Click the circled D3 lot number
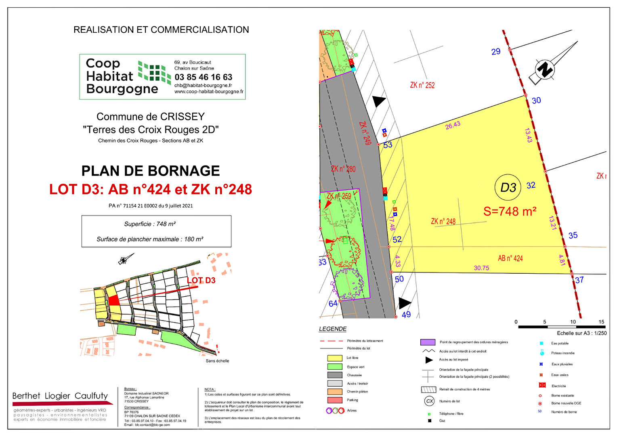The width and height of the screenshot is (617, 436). (x=508, y=187)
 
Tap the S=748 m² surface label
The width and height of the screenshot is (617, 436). (x=510, y=211)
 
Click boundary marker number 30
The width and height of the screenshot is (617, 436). (x=536, y=101)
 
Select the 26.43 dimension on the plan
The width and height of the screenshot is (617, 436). (x=453, y=126)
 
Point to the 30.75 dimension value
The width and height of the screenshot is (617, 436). (x=481, y=268)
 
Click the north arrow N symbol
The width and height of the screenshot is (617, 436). (x=544, y=69)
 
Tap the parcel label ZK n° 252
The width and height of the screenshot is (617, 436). (x=422, y=85)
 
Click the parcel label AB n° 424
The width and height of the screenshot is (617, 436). (x=510, y=258)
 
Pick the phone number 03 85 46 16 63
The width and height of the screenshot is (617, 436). (x=203, y=77)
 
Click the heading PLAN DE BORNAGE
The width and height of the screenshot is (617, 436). (x=151, y=171)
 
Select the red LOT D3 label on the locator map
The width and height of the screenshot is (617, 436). (x=201, y=280)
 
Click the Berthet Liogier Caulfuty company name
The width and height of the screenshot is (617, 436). (x=60, y=396)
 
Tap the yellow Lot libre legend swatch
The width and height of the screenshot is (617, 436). (x=335, y=358)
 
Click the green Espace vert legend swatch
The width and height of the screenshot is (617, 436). (x=335, y=367)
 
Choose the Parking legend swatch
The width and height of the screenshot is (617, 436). (x=335, y=400)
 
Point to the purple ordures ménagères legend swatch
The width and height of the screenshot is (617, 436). (x=428, y=342)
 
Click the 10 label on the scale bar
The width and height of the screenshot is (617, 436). (x=573, y=322)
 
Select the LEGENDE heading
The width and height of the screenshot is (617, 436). (x=333, y=329)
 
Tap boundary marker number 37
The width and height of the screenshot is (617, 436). (x=579, y=280)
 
